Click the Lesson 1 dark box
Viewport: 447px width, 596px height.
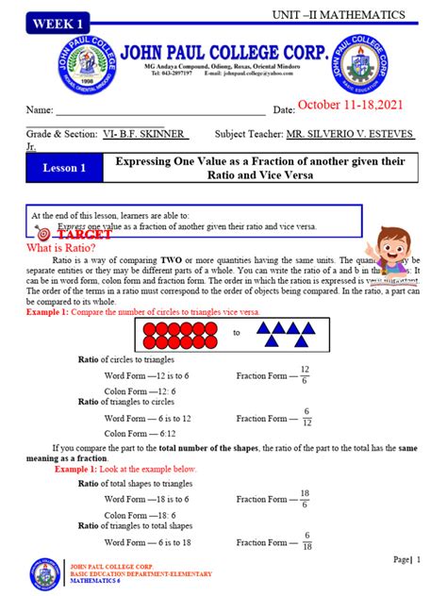[63, 168]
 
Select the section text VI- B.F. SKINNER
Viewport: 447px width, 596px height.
[143, 135]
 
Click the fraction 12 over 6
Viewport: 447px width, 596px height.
[305, 375]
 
